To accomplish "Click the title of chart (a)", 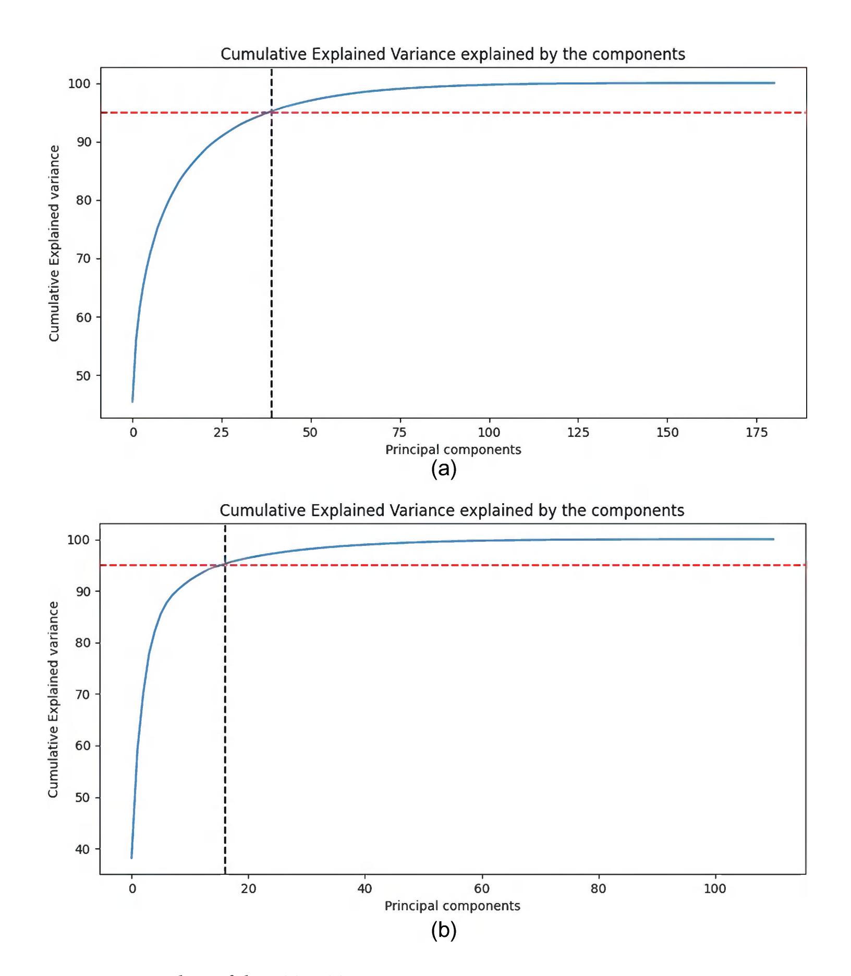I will (x=453, y=54).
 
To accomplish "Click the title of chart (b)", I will (x=452, y=510).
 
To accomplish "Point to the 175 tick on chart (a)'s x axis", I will (x=757, y=432).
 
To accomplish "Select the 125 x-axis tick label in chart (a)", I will (x=578, y=432).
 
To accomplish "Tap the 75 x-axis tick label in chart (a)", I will (x=399, y=432).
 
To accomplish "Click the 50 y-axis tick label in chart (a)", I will (x=83, y=376).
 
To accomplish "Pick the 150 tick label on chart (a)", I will (x=667, y=432).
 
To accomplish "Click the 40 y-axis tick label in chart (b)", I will (x=82, y=849).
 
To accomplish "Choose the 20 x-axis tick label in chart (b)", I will (x=248, y=888).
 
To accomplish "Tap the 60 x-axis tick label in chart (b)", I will (x=482, y=888).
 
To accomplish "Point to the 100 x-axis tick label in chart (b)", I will (x=715, y=888).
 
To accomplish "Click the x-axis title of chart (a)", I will (x=453, y=449).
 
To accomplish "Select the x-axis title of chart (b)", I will (x=452, y=906).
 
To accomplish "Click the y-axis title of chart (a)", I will (x=54, y=243).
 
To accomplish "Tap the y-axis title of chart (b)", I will (x=53, y=699).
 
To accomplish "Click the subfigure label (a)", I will (x=444, y=469).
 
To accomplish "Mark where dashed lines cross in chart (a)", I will (x=272, y=112).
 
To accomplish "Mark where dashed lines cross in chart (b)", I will (x=225, y=565).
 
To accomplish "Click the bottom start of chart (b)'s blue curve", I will (x=131, y=858).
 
